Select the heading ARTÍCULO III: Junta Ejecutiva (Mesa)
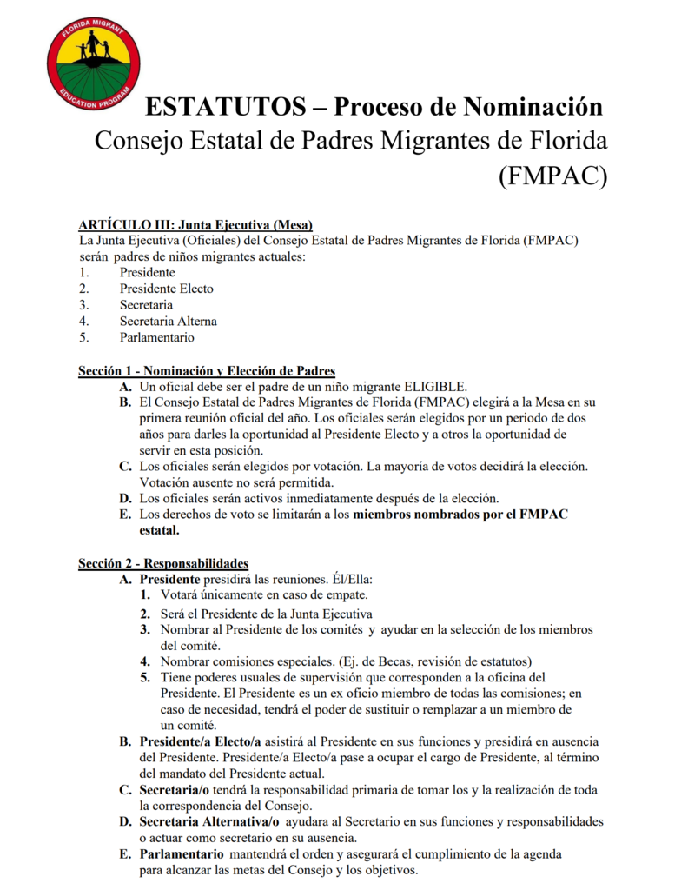[195, 225]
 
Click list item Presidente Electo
[166, 289]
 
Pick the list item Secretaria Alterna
[168, 322]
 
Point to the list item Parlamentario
[156, 338]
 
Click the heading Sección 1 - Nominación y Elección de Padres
[207, 371]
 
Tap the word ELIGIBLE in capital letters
[429, 387]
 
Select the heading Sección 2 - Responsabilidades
[163, 563]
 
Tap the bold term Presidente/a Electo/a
[201, 742]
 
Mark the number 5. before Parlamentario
[83, 338]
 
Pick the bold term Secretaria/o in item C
[174, 790]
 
